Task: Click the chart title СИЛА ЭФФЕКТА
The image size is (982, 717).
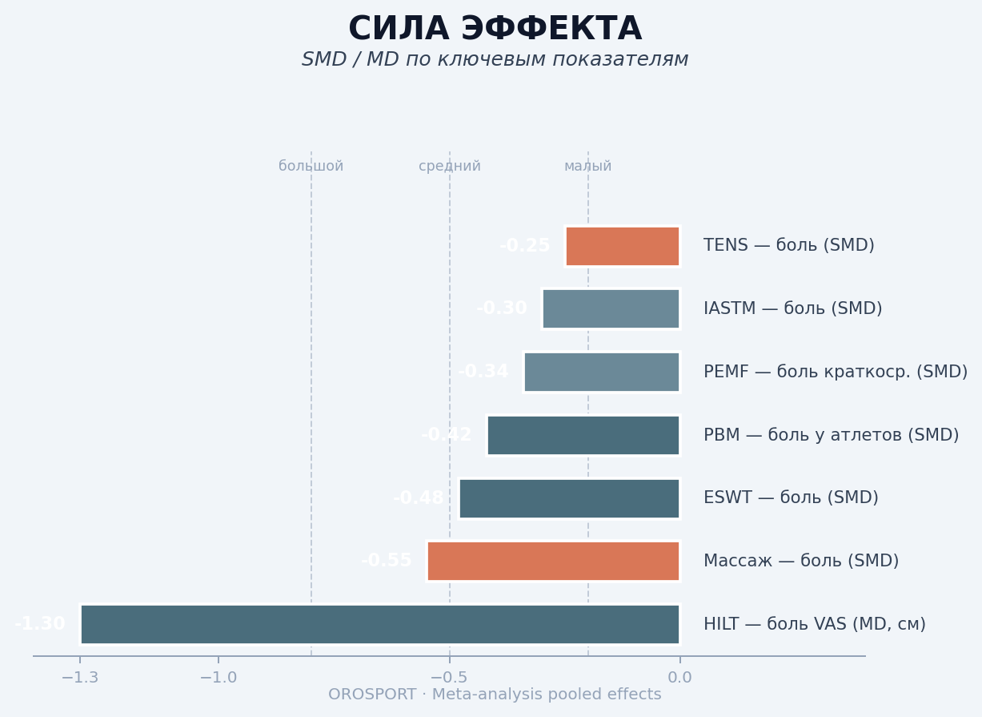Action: pyautogui.click(x=495, y=30)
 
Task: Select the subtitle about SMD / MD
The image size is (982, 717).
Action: pyautogui.click(x=495, y=60)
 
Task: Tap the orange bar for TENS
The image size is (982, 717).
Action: pyautogui.click(x=623, y=246)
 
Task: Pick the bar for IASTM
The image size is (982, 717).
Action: pyautogui.click(x=611, y=308)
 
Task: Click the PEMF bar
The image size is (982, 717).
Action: pyautogui.click(x=602, y=372)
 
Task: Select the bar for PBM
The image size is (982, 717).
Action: pyautogui.click(x=583, y=435)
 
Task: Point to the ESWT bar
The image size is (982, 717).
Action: pyautogui.click(x=569, y=498)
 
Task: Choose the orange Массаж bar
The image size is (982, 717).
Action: pyautogui.click(x=553, y=561)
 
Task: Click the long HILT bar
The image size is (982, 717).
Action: pyautogui.click(x=380, y=624)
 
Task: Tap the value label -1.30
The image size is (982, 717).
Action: pyautogui.click(x=40, y=624)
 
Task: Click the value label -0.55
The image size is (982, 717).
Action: pyautogui.click(x=387, y=561)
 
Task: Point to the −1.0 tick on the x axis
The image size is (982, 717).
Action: pyautogui.click(x=218, y=678)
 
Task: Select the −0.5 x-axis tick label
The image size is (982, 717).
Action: pyautogui.click(x=449, y=678)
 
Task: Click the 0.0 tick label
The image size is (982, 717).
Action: pyautogui.click(x=679, y=678)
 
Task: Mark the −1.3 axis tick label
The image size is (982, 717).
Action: pyautogui.click(x=80, y=678)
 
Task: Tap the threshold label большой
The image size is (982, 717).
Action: pyautogui.click(x=311, y=167)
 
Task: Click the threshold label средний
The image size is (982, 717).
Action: pyautogui.click(x=449, y=167)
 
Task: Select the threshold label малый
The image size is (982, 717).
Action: pyautogui.click(x=587, y=167)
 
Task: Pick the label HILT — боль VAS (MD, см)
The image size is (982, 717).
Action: pyautogui.click(x=814, y=624)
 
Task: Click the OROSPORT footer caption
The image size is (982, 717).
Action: pyautogui.click(x=495, y=695)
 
